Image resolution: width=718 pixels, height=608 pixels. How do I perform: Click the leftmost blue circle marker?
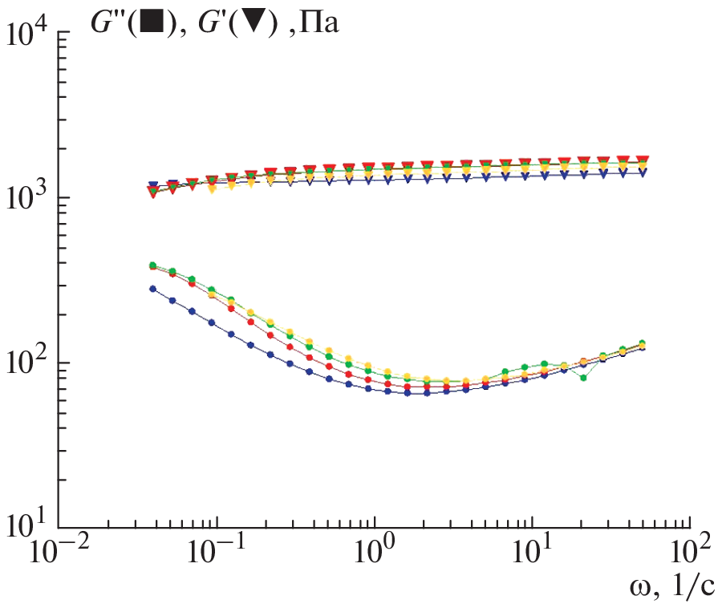tap(152, 289)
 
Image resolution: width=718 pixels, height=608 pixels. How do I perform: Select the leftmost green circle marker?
tap(152, 265)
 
